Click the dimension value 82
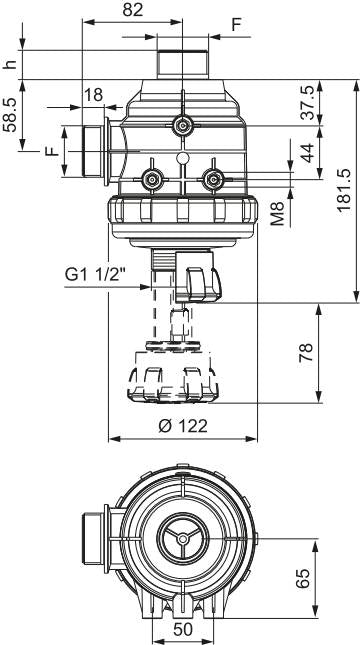133,10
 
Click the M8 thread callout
278,213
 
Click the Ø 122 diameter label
183,426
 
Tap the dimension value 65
303,579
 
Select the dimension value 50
183,629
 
